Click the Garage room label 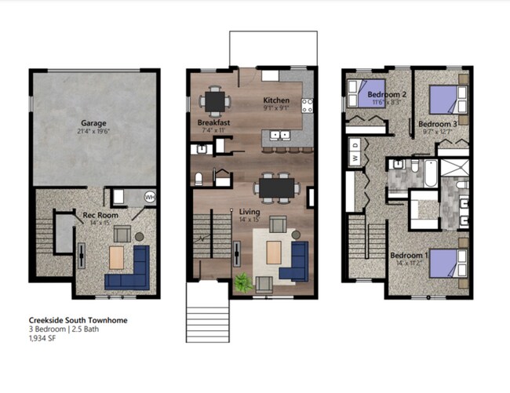point(93,123)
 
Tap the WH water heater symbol point(149,198)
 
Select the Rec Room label point(100,214)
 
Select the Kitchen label point(276,100)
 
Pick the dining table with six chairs point(277,187)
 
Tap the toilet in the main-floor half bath point(199,179)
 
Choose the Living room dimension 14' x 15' point(250,219)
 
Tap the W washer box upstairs point(355,158)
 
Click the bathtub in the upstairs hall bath point(431,173)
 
